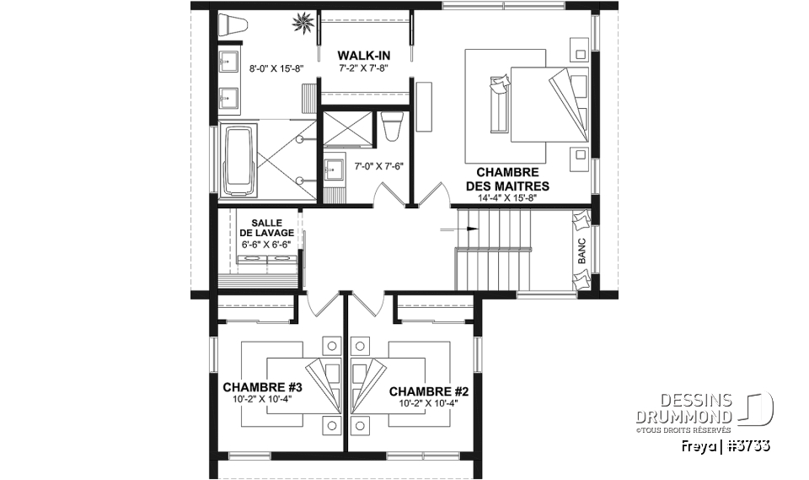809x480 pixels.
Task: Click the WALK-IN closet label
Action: [364, 56]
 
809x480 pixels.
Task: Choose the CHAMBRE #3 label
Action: [262, 387]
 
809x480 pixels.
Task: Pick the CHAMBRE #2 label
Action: [428, 391]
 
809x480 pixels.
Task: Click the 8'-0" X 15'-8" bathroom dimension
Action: [276, 67]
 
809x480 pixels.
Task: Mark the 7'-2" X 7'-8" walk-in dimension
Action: [364, 67]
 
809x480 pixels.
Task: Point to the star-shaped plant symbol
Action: [302, 24]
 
